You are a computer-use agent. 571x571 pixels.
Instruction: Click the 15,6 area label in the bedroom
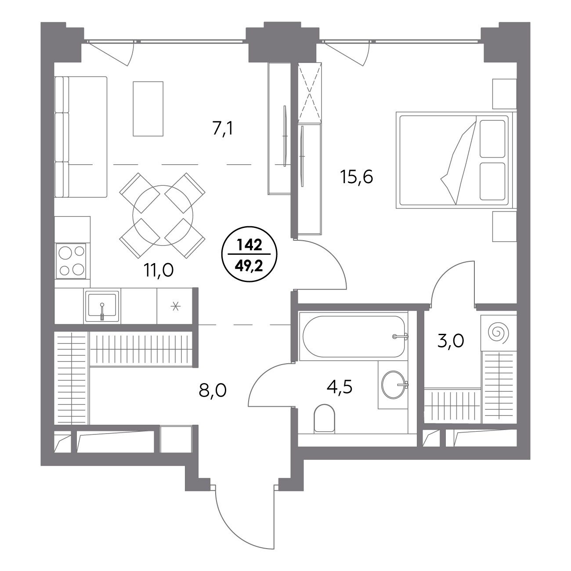coord(357,177)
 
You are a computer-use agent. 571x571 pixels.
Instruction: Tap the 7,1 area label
coord(223,128)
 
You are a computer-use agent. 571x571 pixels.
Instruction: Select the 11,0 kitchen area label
coord(159,270)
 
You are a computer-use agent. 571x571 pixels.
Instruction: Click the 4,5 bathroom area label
coord(339,387)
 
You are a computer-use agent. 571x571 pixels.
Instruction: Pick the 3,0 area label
coord(451,341)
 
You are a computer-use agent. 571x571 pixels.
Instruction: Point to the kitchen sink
coord(102,306)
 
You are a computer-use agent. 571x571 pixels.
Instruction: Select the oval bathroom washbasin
coord(393,384)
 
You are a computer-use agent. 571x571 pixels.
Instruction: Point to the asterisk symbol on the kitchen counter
coord(175,307)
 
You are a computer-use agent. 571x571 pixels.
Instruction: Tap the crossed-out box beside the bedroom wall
coord(310,92)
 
